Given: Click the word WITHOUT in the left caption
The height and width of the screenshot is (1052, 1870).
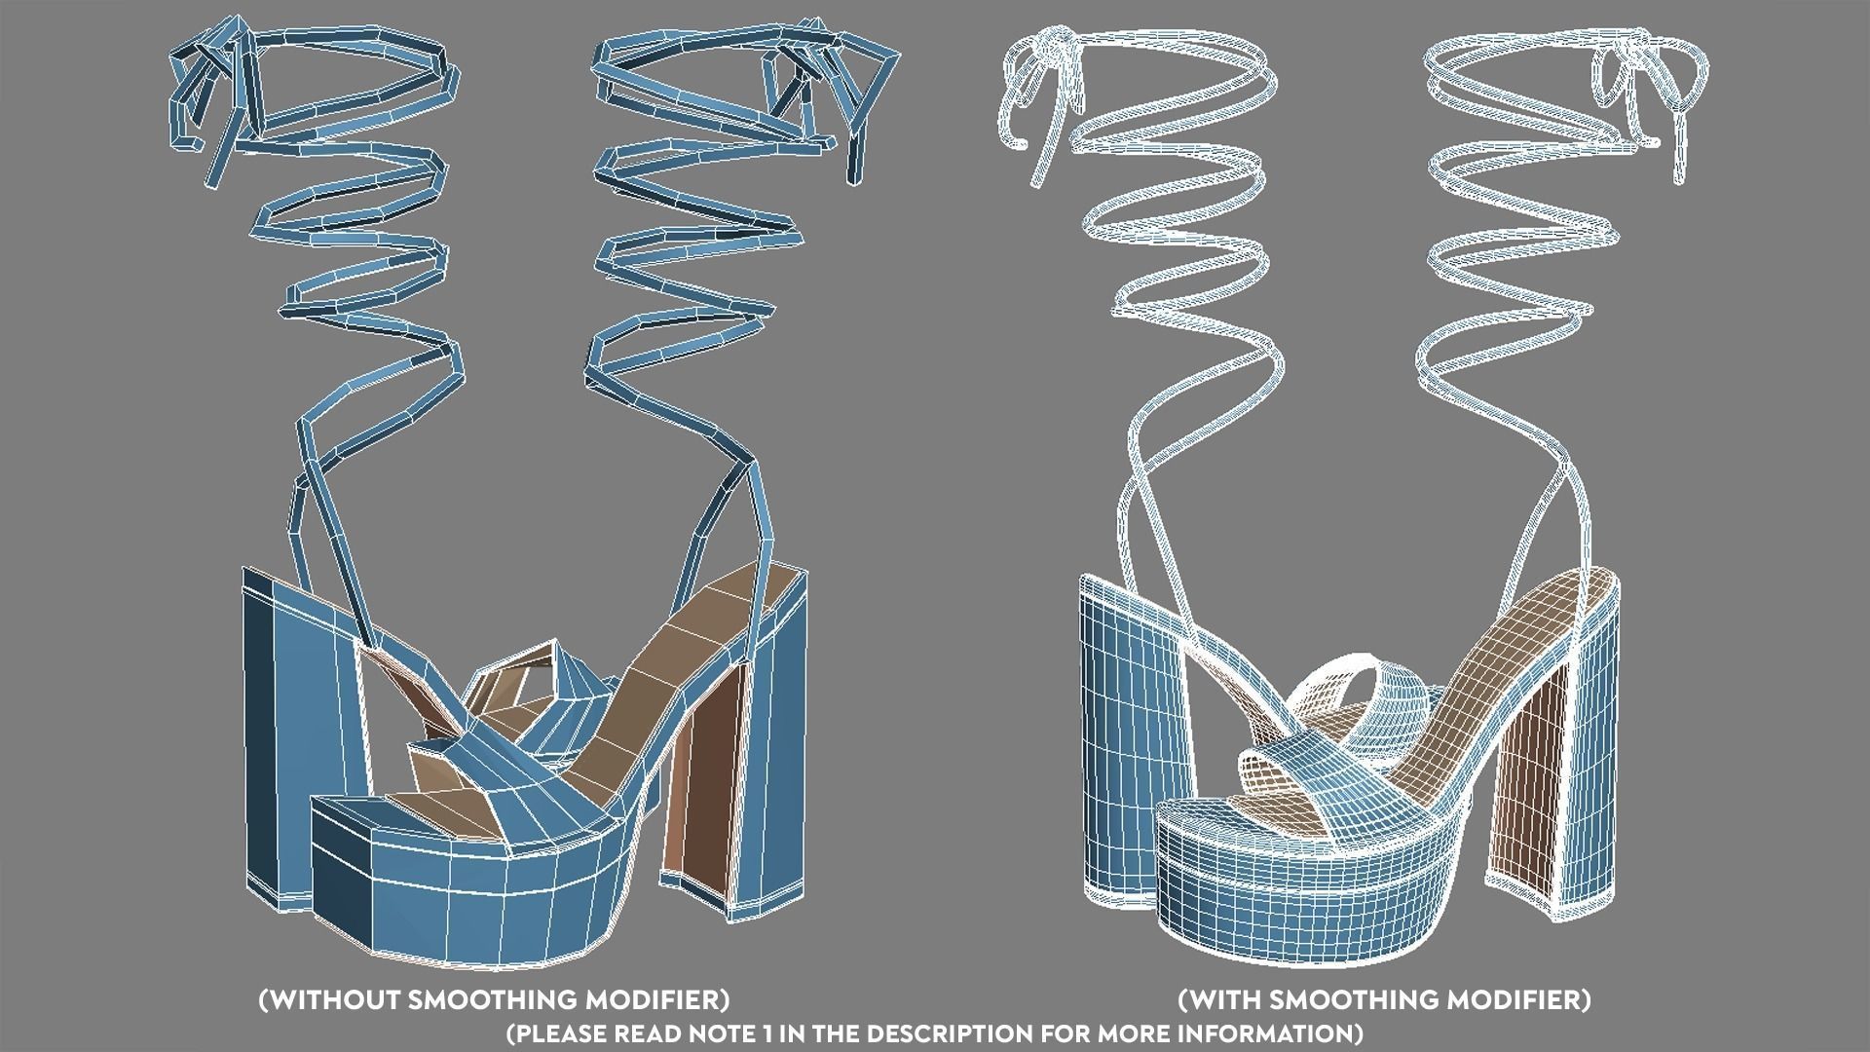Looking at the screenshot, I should [329, 999].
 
